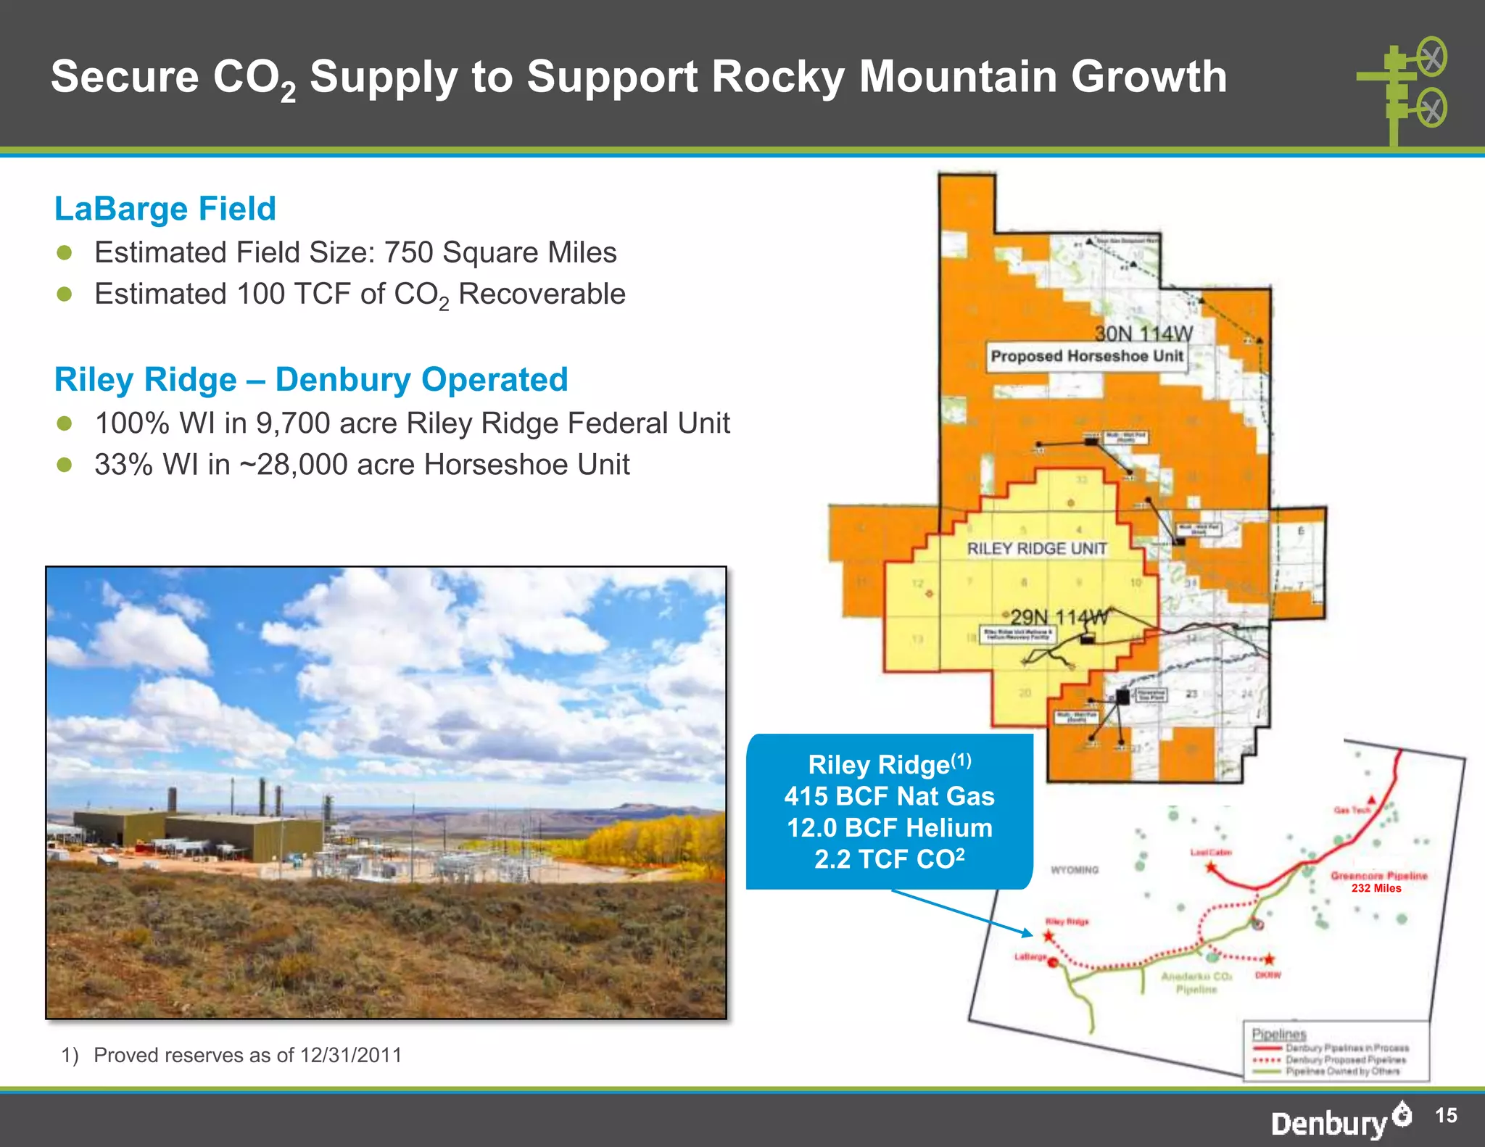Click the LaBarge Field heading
click(x=165, y=209)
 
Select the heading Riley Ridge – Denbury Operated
click(x=311, y=380)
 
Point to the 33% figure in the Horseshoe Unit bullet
click(x=124, y=465)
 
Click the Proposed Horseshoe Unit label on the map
click(x=1086, y=357)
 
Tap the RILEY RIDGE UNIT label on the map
click(x=1037, y=549)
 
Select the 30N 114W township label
click(x=1143, y=334)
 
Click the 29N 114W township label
click(x=1059, y=618)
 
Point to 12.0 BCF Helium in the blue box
click(x=890, y=828)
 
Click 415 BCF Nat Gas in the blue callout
click(x=890, y=796)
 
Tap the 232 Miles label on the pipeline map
click(x=1376, y=888)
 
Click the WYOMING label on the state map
click(x=1075, y=870)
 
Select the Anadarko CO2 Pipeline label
click(x=1196, y=983)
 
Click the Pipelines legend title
click(x=1278, y=1035)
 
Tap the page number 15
click(x=1446, y=1115)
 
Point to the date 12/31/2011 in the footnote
click(x=351, y=1055)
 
